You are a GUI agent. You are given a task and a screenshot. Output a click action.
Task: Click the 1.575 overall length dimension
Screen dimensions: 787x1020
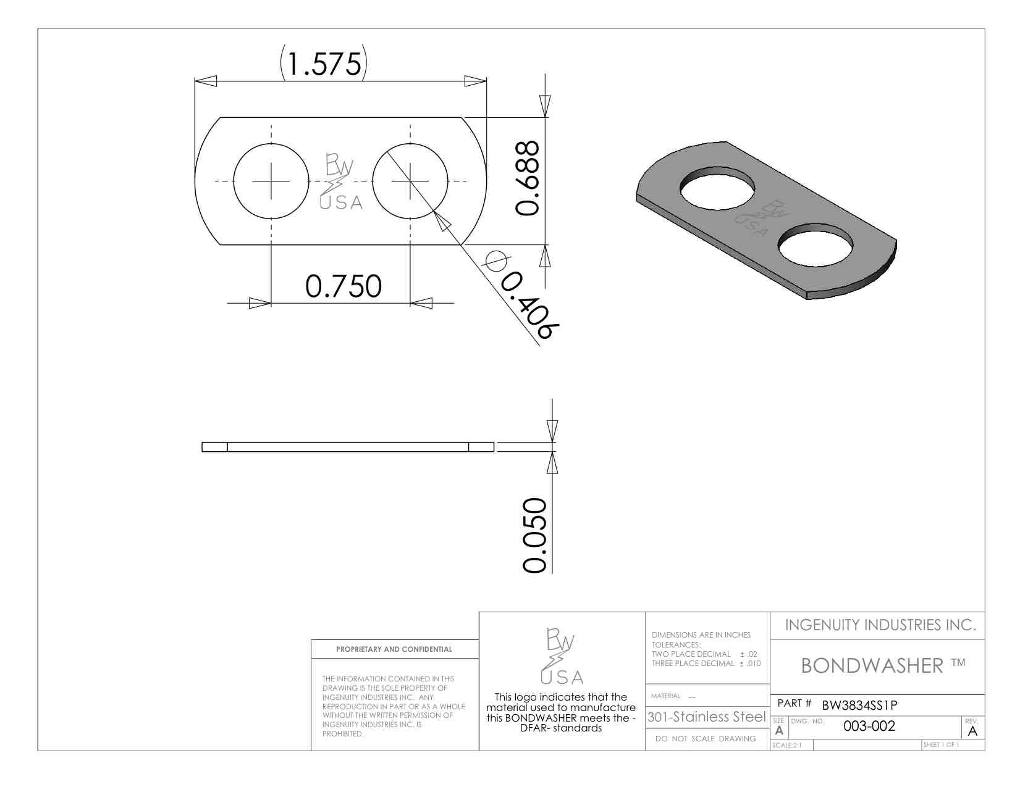(x=324, y=64)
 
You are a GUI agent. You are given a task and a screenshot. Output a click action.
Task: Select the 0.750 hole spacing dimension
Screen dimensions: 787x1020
(x=344, y=286)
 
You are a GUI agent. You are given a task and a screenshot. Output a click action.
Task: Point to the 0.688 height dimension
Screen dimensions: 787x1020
(x=528, y=178)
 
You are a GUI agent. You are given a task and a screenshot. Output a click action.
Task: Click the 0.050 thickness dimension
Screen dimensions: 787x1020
(x=535, y=535)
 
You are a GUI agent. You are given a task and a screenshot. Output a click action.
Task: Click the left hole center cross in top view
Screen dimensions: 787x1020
(x=271, y=181)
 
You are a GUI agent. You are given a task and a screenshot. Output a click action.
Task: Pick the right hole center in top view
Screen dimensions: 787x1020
(x=410, y=181)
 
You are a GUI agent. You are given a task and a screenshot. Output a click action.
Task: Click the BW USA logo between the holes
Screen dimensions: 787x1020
(x=340, y=182)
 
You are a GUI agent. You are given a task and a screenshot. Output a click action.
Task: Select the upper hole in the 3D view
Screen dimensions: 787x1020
(x=717, y=188)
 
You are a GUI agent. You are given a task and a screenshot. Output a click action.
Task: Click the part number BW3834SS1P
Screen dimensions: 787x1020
(x=859, y=705)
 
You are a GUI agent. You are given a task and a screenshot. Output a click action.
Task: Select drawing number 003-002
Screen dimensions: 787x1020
(x=869, y=726)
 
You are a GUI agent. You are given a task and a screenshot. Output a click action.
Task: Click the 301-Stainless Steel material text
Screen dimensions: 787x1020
(x=706, y=717)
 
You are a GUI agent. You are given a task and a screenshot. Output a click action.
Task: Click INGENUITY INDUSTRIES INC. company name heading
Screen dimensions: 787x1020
(x=880, y=625)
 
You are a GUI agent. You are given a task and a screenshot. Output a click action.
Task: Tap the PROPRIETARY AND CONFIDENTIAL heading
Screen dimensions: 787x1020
(x=394, y=649)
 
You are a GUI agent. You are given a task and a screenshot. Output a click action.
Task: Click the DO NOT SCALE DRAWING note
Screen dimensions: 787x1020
(x=706, y=739)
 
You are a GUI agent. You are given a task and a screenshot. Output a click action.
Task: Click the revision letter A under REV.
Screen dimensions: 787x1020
(x=972, y=731)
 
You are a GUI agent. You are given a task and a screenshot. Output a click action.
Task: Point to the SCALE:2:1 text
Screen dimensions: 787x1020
(x=786, y=745)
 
